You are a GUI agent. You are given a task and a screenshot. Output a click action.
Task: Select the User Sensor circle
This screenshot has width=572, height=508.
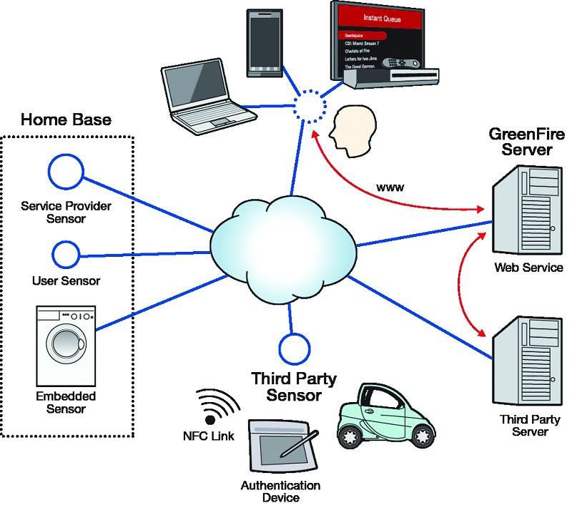[66, 253]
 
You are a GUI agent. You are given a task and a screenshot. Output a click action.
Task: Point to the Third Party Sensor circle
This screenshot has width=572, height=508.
[292, 348]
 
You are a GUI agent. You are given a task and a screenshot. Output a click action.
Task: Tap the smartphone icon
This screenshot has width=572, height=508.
[262, 42]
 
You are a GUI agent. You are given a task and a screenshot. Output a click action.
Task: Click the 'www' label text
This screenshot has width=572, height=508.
[390, 187]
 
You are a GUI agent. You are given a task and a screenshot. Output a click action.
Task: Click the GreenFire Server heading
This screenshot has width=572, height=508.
[520, 142]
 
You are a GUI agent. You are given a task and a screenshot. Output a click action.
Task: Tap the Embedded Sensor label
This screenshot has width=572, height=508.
[65, 403]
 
